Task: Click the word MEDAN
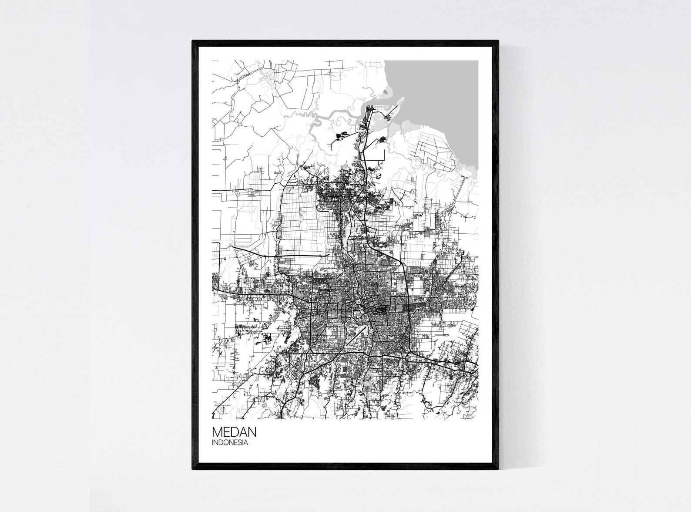[234, 432]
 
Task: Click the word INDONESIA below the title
[230, 443]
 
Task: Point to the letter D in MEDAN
[234, 432]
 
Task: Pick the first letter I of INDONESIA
[213, 443]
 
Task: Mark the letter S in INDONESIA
[240, 443]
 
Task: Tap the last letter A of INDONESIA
[246, 443]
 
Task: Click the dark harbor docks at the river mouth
[365, 124]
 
